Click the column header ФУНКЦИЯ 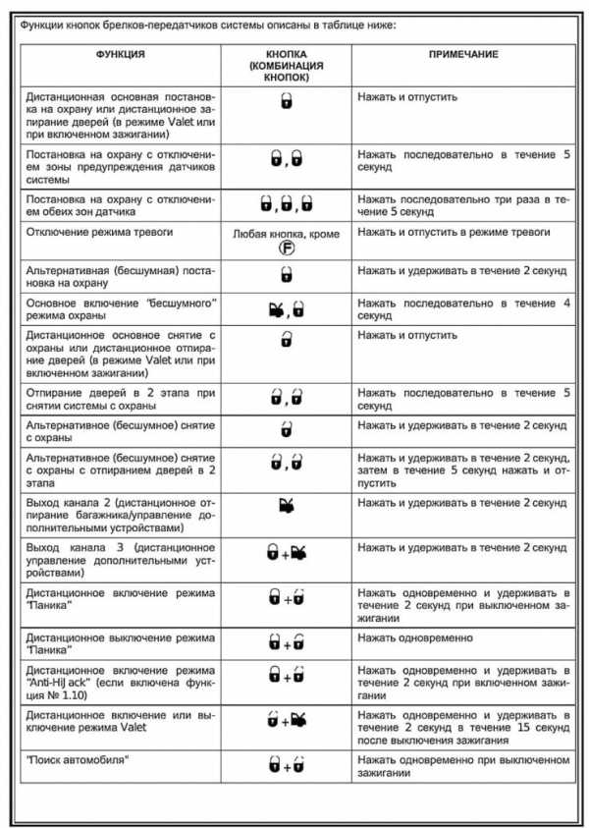coord(121,53)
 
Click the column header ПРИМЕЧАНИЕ coord(462,53)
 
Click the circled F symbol coord(286,249)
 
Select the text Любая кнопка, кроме coord(286,235)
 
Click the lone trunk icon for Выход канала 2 coord(286,508)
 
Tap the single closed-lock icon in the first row coord(286,100)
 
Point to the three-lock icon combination coord(286,203)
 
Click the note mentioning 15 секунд coord(462,722)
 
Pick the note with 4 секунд coord(462,310)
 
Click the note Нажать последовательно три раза coord(462,204)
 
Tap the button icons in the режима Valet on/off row coord(286,722)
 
